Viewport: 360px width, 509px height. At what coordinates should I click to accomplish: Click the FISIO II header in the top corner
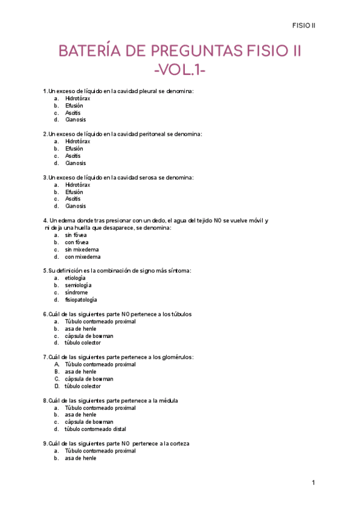coord(304,25)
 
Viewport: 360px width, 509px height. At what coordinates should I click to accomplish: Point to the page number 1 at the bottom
coord(313,483)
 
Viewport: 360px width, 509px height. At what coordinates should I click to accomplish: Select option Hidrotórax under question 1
coord(78,98)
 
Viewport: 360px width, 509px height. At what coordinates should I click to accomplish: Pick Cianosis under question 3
coord(76,206)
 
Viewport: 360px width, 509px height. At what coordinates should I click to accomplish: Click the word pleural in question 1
coord(151,91)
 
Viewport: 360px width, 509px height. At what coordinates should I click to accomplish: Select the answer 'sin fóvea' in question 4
coord(76,235)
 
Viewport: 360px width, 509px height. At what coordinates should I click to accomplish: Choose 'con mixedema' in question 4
coord(83,257)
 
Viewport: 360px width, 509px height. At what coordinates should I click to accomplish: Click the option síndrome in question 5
coord(76,292)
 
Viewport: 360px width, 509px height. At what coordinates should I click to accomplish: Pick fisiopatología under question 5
coord(81,300)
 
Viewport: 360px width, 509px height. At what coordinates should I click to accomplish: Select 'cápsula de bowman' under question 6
coord(89,336)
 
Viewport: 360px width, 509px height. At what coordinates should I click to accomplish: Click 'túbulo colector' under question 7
coord(83,386)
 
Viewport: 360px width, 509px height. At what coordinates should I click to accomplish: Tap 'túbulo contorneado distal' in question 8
coord(95,429)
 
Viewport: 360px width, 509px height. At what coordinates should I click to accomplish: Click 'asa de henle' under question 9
coord(80,458)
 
